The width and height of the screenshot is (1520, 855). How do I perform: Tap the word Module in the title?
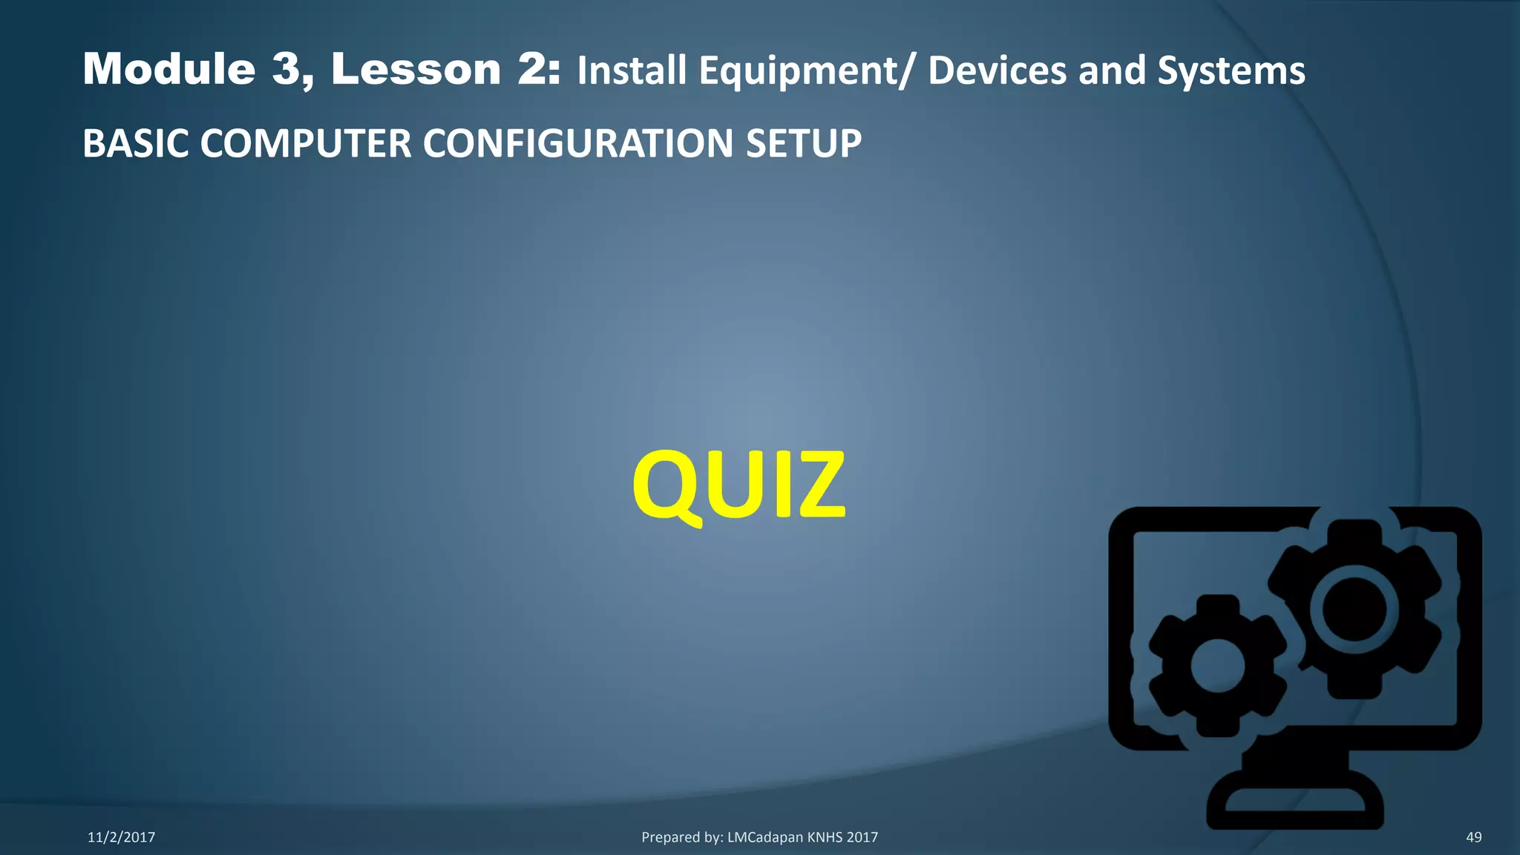pyautogui.click(x=169, y=69)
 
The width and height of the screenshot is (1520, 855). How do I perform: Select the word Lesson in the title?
pyautogui.click(x=416, y=69)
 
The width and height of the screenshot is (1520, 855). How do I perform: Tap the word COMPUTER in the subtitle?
pyautogui.click(x=305, y=143)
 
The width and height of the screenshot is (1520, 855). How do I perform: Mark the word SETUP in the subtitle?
pyautogui.click(x=804, y=143)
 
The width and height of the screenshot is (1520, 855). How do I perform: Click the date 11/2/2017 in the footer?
pyautogui.click(x=121, y=837)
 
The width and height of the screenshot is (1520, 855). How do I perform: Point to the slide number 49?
pyautogui.click(x=1473, y=837)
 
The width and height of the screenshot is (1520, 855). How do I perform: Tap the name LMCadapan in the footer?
pyautogui.click(x=764, y=837)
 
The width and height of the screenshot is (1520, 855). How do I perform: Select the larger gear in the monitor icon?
pyautogui.click(x=1354, y=609)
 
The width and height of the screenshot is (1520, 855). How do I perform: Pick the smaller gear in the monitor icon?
pyautogui.click(x=1217, y=666)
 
